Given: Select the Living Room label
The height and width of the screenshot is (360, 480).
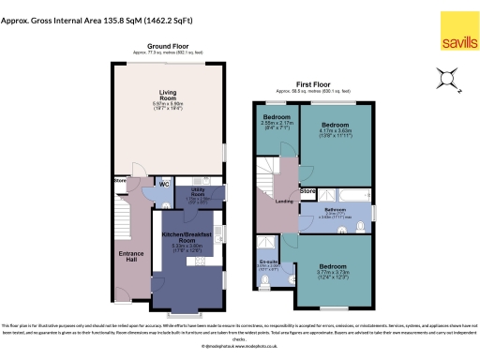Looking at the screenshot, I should pos(167,95).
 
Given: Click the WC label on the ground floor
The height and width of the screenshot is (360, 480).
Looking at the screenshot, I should pos(163,184).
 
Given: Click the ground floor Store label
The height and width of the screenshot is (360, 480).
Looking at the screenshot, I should pos(120,179).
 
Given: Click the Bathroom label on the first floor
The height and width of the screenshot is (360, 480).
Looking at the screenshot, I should pos(335,210).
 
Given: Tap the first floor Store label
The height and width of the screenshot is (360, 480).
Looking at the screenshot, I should pos(307,191).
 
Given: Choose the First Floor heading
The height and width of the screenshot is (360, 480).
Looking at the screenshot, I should pos(316,82).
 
